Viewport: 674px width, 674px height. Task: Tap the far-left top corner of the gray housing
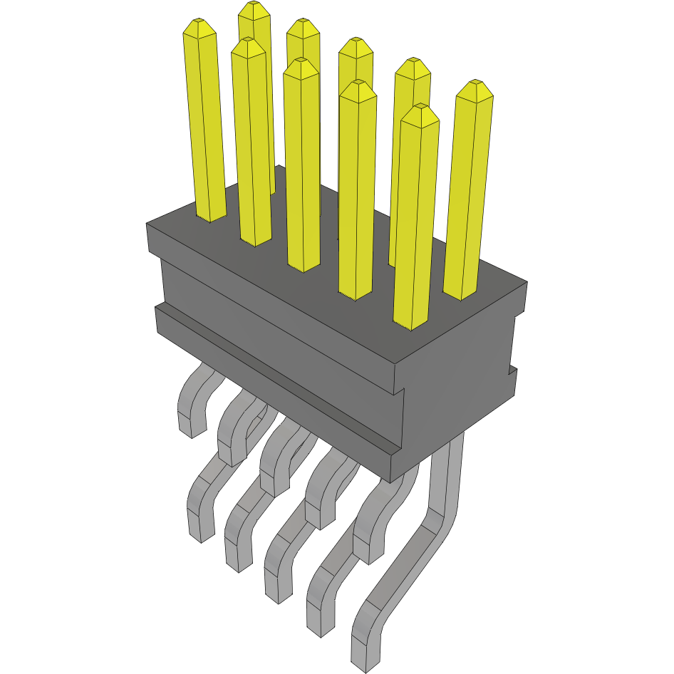pyautogui.click(x=147, y=224)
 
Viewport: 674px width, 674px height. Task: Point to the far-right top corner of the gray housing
pyautogui.click(x=527, y=283)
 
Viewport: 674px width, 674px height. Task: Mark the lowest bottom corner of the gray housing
pyautogui.click(x=390, y=482)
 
